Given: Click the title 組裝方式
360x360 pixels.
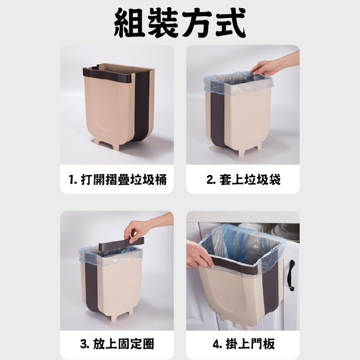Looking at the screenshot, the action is (x=180, y=23).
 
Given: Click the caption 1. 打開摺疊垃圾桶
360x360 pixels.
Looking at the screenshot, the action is (x=118, y=180).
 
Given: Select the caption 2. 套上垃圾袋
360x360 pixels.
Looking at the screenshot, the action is (x=243, y=180).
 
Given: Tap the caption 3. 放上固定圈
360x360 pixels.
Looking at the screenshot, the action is (x=117, y=344).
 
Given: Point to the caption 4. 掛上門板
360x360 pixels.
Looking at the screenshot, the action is (x=243, y=344).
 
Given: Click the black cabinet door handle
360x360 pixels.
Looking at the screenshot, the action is (x=292, y=275).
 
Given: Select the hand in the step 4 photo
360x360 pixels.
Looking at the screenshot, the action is (x=198, y=255).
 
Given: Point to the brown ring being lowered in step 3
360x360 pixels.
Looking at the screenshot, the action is (x=121, y=243).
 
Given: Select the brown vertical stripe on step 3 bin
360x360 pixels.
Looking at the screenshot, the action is (x=92, y=287).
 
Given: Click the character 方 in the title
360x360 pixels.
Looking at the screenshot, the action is (x=196, y=23).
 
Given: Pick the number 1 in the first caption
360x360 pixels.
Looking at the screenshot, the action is (x=72, y=180).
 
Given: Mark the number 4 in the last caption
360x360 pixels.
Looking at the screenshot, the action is (x=216, y=344).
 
